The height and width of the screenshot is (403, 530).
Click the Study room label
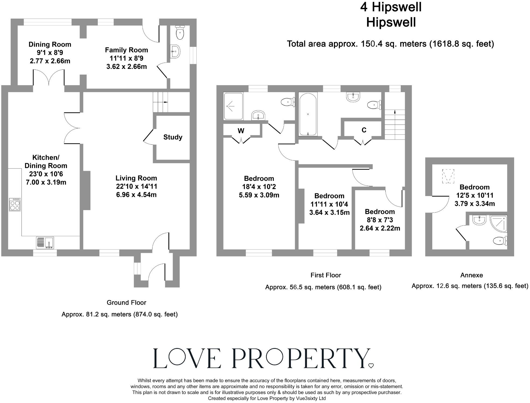point(173,137)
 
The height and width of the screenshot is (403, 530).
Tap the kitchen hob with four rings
point(15,205)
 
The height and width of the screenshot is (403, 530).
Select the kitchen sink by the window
point(45,242)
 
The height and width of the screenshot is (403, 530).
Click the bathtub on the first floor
point(308,114)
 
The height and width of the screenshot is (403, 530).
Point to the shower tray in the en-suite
point(233,106)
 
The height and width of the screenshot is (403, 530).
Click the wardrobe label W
point(241,131)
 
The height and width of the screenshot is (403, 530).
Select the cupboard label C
point(364,130)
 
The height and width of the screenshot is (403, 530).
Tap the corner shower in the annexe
point(499,224)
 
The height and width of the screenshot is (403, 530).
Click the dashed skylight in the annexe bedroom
point(448,176)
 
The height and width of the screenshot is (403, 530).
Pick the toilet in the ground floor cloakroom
point(180,33)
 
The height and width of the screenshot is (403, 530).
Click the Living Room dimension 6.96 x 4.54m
point(136,194)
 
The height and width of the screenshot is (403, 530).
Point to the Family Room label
point(126,50)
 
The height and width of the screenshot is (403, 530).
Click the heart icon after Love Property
point(371,366)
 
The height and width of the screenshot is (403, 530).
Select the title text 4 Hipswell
point(391,7)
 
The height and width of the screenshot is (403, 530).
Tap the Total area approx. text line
point(390,44)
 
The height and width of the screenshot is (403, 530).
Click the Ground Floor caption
point(126,303)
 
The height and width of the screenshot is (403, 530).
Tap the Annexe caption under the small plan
point(471,275)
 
